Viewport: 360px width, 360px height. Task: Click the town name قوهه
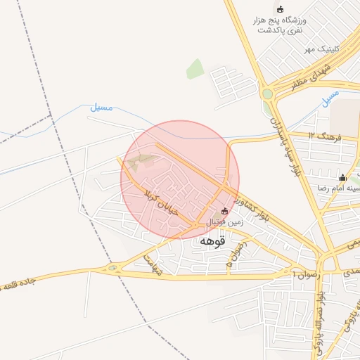point(212,241)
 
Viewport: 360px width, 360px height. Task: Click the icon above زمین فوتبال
point(224,210)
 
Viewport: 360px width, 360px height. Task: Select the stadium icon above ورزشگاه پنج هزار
point(281,9)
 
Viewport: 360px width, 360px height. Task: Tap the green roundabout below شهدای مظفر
point(267,94)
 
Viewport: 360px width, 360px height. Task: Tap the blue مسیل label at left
point(102,108)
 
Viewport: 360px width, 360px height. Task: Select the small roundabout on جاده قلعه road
point(111,268)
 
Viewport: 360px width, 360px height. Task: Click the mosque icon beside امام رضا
point(342,177)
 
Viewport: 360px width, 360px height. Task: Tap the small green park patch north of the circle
point(195,69)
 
